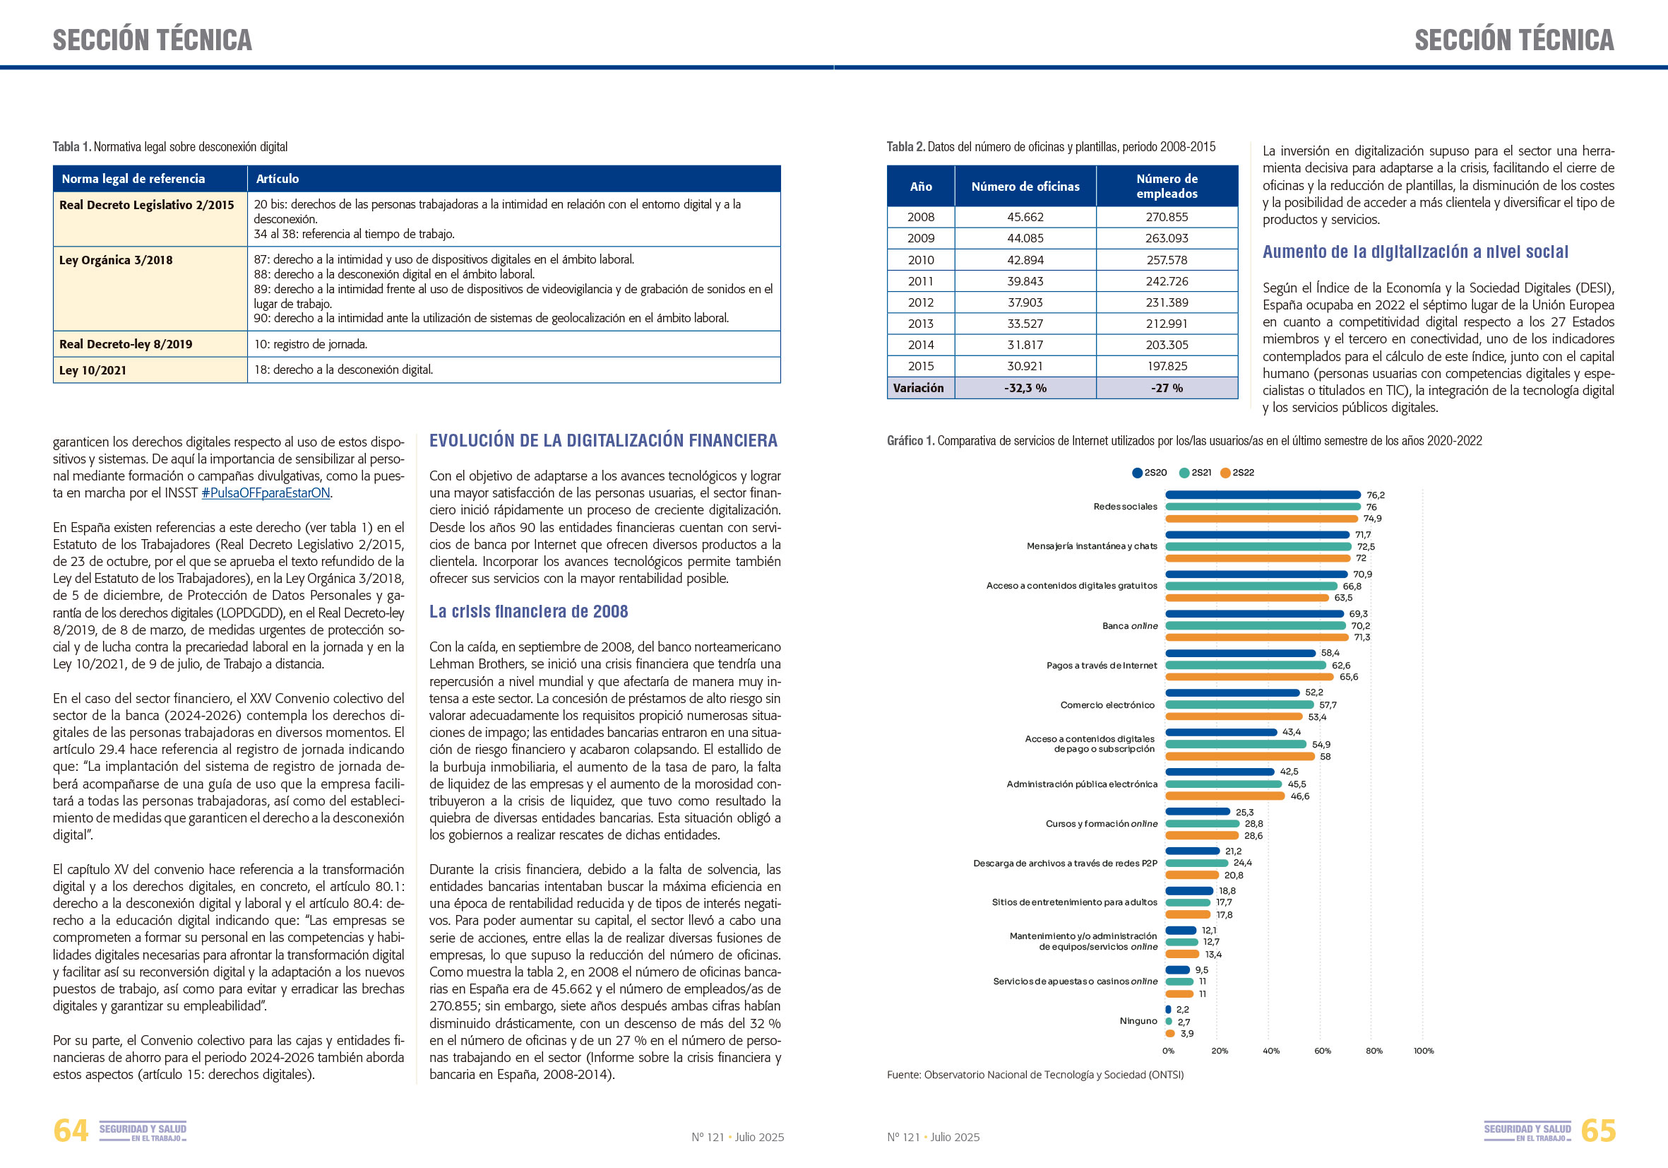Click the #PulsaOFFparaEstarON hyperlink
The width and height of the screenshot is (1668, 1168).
[x=266, y=492]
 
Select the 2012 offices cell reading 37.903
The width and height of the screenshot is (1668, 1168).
[x=1025, y=302]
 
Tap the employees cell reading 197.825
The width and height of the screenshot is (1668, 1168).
[x=1167, y=366]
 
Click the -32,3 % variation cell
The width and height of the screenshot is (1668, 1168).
[x=1025, y=388]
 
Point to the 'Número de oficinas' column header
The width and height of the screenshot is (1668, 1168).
[x=1025, y=187]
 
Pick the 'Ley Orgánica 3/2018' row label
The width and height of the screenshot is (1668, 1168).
[x=117, y=260]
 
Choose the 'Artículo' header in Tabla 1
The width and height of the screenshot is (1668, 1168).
[x=278, y=179]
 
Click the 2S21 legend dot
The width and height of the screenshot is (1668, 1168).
[x=1184, y=473]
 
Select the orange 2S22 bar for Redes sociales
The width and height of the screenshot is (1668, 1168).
[x=1261, y=519]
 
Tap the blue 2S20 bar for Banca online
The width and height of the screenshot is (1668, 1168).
[x=1254, y=614]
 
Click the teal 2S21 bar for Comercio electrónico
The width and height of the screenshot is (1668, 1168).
[x=1239, y=705]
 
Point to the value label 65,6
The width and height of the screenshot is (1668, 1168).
[x=1349, y=678]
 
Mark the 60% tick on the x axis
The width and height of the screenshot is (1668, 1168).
[x=1322, y=1051]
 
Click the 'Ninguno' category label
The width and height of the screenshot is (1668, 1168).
[x=1138, y=1021]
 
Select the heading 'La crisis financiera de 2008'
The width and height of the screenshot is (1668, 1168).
[x=528, y=612]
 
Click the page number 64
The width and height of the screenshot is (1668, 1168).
[x=71, y=1131]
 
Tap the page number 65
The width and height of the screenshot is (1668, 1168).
[x=1598, y=1131]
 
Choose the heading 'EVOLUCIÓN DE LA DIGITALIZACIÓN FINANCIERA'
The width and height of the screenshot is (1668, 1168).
[x=603, y=440]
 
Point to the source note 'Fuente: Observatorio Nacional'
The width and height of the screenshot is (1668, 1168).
[x=1035, y=1075]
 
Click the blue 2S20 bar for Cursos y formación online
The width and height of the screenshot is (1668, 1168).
[x=1197, y=812]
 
